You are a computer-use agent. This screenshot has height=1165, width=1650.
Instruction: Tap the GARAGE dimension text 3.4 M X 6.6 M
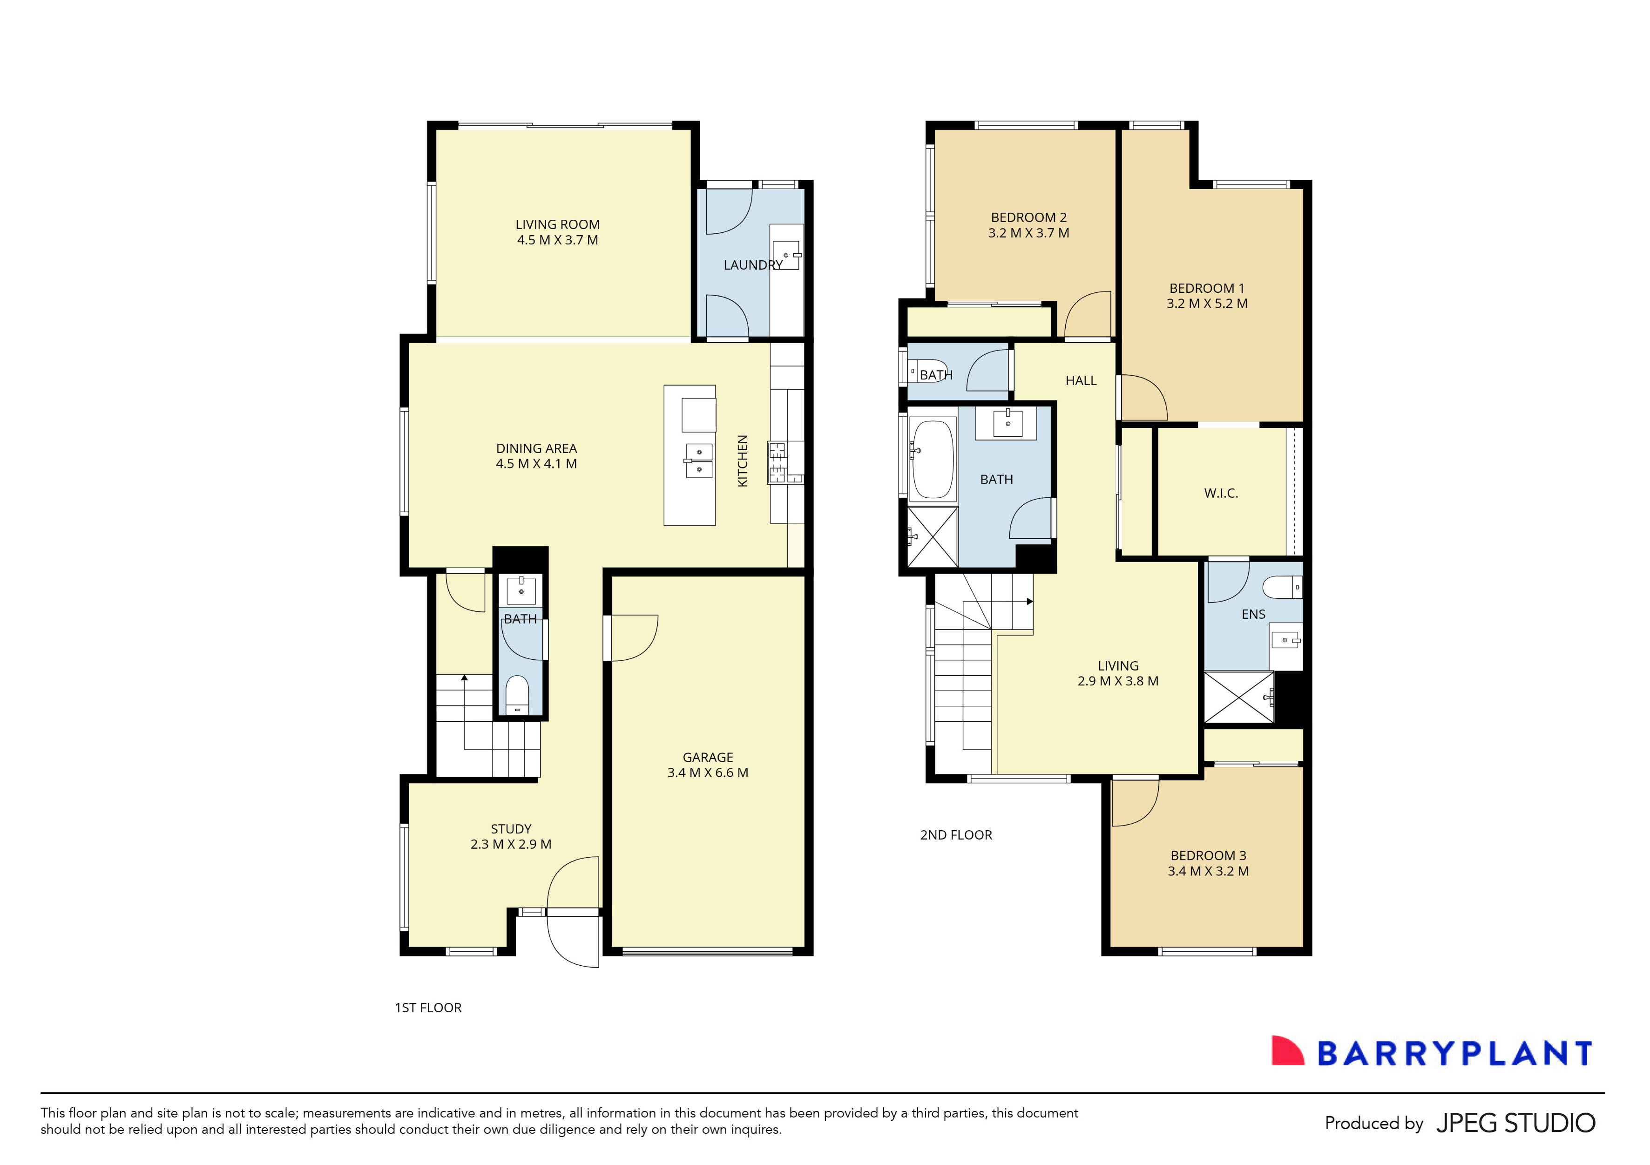[707, 772]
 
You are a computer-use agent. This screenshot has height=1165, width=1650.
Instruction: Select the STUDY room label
[511, 829]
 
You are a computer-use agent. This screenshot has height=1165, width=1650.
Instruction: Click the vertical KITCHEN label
[743, 461]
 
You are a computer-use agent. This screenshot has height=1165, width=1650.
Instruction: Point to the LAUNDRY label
[752, 265]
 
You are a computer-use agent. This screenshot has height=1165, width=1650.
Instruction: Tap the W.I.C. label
[1220, 493]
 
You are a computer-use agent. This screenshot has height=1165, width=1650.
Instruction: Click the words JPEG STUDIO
[1515, 1123]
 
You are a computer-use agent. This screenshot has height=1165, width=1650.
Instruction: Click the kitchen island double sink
[698, 461]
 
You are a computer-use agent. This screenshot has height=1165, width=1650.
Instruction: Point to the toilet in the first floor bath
[517, 693]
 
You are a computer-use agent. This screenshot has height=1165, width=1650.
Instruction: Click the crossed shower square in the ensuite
[1237, 697]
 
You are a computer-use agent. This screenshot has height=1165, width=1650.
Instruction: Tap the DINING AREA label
[536, 448]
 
